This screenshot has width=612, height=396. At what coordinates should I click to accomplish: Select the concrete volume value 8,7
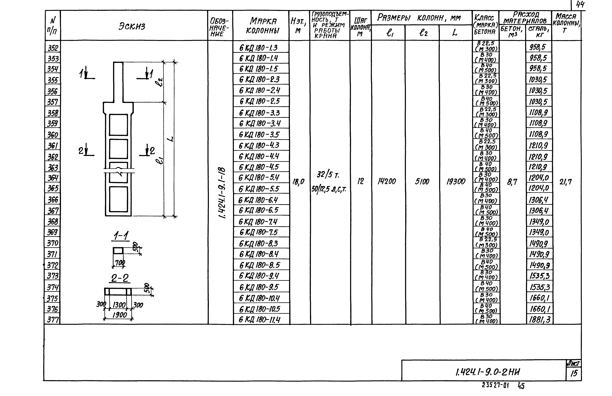point(512,182)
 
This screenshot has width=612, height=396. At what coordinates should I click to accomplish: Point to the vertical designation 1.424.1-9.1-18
point(221,193)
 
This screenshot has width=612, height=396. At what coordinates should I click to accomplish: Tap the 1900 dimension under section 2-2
point(120,315)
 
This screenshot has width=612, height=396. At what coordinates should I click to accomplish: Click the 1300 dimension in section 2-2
point(119,305)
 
